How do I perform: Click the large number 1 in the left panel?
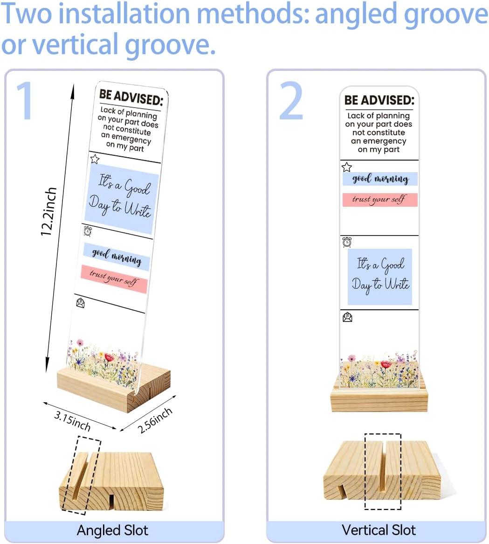pyautogui.click(x=25, y=101)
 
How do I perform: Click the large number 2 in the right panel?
pyautogui.click(x=291, y=101)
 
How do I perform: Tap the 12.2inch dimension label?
pyautogui.click(x=48, y=212)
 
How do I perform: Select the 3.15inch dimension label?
pyautogui.click(x=72, y=420)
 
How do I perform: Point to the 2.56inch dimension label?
pyautogui.click(x=155, y=420)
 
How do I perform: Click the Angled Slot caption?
pyautogui.click(x=113, y=530)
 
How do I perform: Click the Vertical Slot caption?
pyautogui.click(x=379, y=530)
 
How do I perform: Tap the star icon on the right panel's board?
pyautogui.click(x=346, y=167)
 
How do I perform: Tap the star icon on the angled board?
pyautogui.click(x=95, y=159)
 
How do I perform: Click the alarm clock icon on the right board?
pyautogui.click(x=347, y=242)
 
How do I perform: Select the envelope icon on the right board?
pyautogui.click(x=347, y=317)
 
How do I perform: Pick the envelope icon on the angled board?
pyautogui.click(x=80, y=303)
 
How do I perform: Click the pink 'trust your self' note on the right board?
pyautogui.click(x=380, y=200)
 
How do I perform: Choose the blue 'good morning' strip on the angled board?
pyautogui.click(x=117, y=257)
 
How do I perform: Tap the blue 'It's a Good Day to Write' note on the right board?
pyautogui.click(x=380, y=277)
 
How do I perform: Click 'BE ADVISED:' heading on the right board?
pyautogui.click(x=379, y=100)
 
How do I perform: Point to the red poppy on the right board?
pyautogui.click(x=386, y=364)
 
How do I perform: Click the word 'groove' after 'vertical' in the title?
pyautogui.click(x=171, y=45)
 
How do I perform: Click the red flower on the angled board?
pyautogui.click(x=109, y=357)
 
